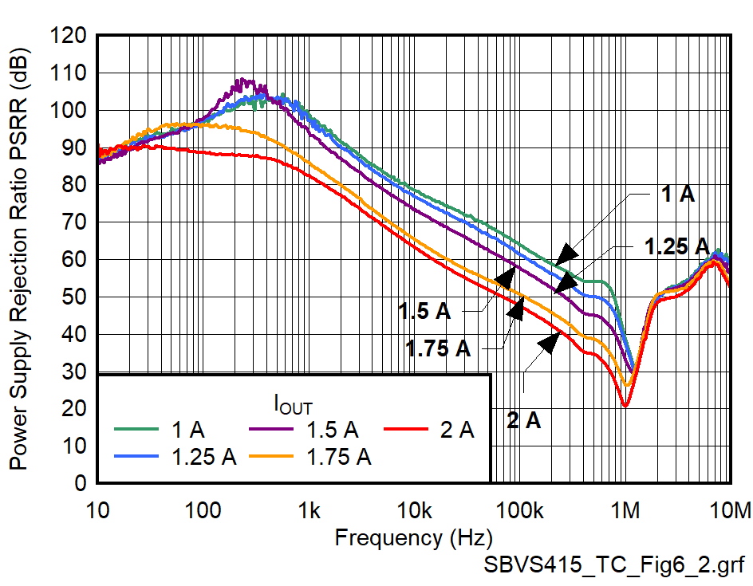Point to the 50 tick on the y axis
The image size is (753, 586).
click(x=77, y=297)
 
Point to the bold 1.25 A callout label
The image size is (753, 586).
click(x=676, y=246)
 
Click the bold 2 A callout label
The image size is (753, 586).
click(x=524, y=419)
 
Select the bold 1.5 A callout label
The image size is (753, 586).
click(x=424, y=312)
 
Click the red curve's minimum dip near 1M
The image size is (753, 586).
click(x=625, y=406)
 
